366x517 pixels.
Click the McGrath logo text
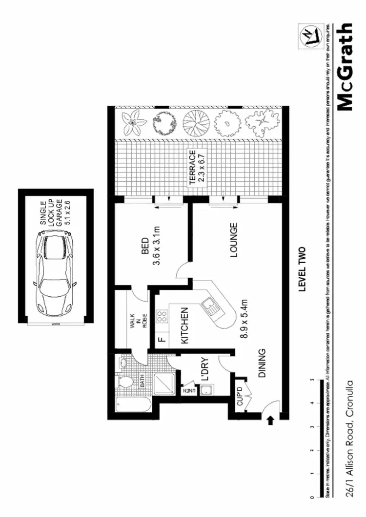(345, 67)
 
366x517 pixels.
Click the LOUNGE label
(234, 240)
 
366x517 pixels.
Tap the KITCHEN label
(185, 326)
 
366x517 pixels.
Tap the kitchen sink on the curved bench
(211, 306)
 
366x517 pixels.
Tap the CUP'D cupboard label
(240, 396)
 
